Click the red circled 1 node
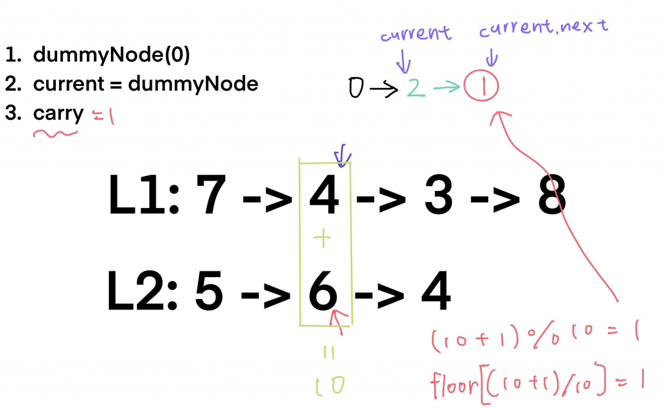coord(481,86)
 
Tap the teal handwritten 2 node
coord(416,88)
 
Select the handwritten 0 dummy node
coord(355,87)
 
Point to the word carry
coord(58,114)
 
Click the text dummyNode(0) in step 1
coord(111,56)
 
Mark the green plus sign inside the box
coord(322,240)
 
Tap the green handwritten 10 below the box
coord(329,385)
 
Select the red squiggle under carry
coord(56,134)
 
